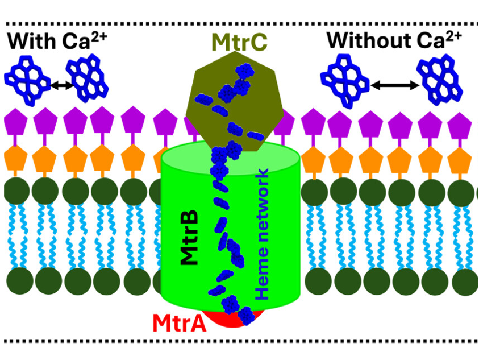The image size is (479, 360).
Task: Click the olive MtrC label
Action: point(239,43)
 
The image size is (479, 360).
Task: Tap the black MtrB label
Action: point(189,238)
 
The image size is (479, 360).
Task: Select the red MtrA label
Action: point(180,323)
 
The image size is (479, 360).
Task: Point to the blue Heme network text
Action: point(262,234)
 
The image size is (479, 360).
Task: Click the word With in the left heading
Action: point(31,41)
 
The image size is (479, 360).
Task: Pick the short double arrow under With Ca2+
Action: point(62,86)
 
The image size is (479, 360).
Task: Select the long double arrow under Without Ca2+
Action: point(394,85)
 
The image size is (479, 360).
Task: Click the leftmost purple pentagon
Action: point(15,122)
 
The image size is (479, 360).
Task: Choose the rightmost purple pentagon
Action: point(460,124)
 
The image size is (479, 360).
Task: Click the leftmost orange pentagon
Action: point(15,158)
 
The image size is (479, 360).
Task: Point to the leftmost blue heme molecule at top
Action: point(27,80)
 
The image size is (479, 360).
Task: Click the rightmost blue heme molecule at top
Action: point(440,80)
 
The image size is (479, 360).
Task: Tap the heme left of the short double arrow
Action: point(27,80)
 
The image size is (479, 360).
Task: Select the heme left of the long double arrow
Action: point(345,81)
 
